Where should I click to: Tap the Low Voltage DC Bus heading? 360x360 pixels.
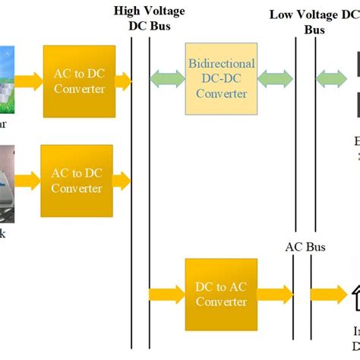coord(314,21)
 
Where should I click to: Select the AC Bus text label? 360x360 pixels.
coord(304,247)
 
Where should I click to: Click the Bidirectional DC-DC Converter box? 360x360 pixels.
coord(221,79)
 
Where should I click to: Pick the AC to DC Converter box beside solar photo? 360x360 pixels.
coord(79,81)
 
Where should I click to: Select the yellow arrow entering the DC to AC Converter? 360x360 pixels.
coord(166,293)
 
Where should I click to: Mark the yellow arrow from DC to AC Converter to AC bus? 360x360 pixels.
coord(273,293)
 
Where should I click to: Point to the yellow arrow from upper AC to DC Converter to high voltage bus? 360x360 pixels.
coord(123,80)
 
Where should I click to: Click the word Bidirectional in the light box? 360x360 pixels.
coord(221,64)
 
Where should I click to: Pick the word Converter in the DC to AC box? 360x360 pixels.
coord(221,302)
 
